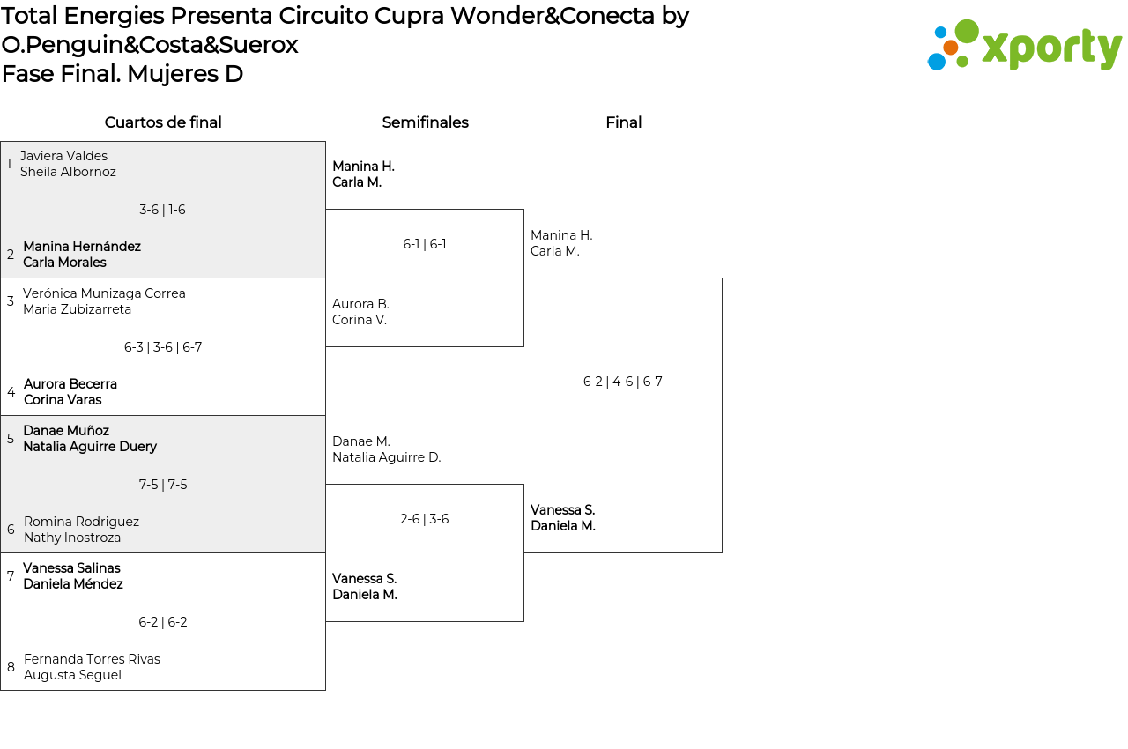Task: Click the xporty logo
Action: pyautogui.click(x=1025, y=45)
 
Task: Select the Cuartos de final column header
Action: pyautogui.click(x=163, y=122)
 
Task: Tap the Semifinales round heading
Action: pyautogui.click(x=425, y=122)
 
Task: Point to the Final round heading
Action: pyautogui.click(x=623, y=122)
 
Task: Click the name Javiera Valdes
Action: pyautogui.click(x=63, y=156)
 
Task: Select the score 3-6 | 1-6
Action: pyautogui.click(x=162, y=210)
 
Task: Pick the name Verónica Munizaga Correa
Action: pyautogui.click(x=104, y=293)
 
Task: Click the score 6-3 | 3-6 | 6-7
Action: pyautogui.click(x=163, y=347)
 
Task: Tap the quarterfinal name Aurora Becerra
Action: pyautogui.click(x=70, y=384)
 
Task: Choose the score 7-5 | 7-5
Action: pyautogui.click(x=163, y=485)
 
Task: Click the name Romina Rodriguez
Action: pyautogui.click(x=81, y=522)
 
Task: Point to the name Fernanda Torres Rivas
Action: pyautogui.click(x=92, y=659)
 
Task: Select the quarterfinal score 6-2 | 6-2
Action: pyautogui.click(x=163, y=622)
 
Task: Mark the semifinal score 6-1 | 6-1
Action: pyautogui.click(x=425, y=244)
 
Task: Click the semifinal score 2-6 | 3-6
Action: pyautogui.click(x=425, y=519)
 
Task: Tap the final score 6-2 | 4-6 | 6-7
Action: pyautogui.click(x=623, y=382)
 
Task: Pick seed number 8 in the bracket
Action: pyautogui.click(x=11, y=667)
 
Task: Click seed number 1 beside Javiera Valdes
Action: pyautogui.click(x=9, y=164)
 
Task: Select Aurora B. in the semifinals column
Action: pyautogui.click(x=360, y=304)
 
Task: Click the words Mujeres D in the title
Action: pyautogui.click(x=184, y=74)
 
